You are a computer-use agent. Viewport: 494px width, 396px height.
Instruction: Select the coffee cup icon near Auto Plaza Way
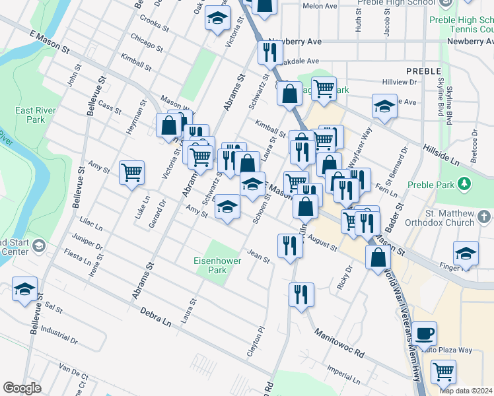[x=426, y=333]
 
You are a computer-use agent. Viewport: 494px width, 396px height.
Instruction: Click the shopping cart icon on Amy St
[x=131, y=172]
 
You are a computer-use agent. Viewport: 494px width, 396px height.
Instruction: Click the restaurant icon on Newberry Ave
[x=269, y=53]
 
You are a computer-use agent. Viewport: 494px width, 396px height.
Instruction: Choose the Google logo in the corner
[x=22, y=388]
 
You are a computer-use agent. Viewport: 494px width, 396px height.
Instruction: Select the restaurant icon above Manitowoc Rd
[x=301, y=294]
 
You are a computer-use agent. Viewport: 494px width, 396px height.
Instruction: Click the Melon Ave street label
[x=320, y=6]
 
